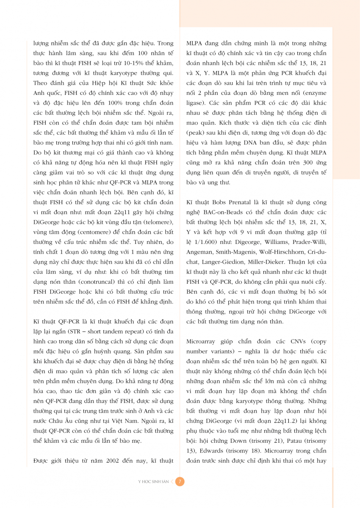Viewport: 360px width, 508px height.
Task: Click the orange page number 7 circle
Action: click(180, 481)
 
